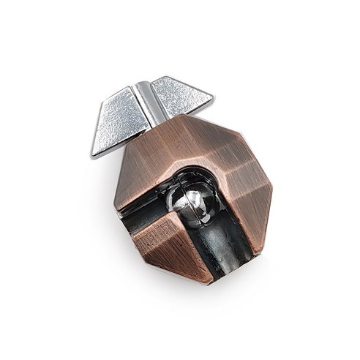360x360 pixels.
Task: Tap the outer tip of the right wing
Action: pos(212,96)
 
